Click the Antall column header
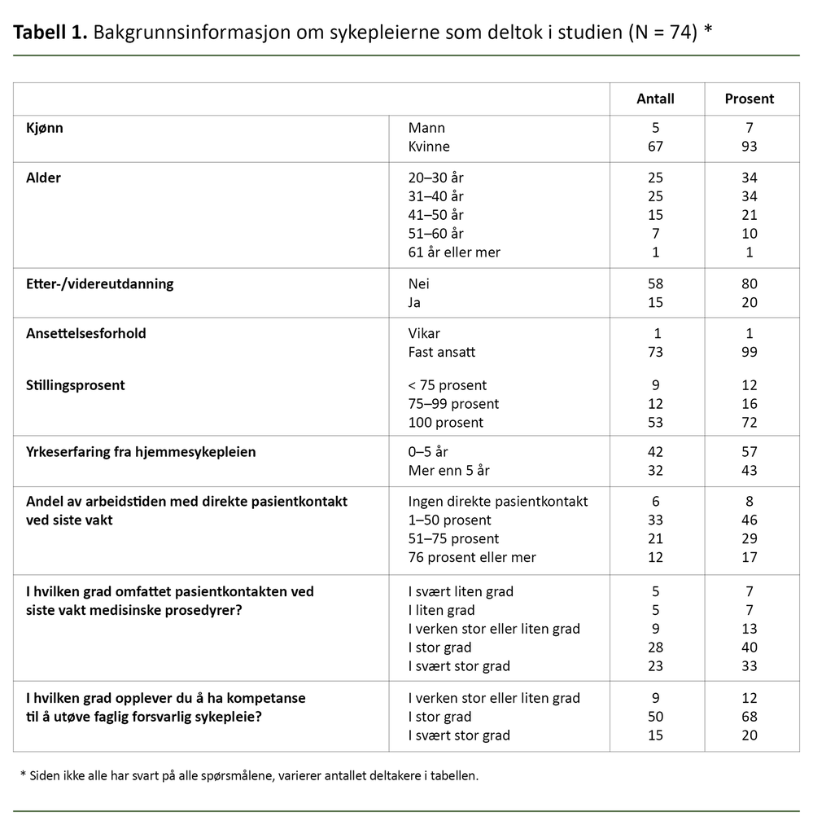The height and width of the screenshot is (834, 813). pos(655,99)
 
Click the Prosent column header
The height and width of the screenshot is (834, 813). pos(749,99)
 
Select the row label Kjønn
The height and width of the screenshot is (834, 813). pos(45,128)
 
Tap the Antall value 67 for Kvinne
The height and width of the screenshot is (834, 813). pos(655,147)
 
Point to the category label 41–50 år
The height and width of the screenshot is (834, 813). pos(435,215)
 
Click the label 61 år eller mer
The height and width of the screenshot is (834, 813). pos(454,252)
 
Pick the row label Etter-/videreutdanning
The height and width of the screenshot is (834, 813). pos(100,284)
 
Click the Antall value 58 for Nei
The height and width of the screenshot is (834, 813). pos(655,284)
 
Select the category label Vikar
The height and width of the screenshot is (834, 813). pos(424,334)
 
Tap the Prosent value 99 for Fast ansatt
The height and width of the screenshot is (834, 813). pos(749,353)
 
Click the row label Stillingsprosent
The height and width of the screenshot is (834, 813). pos(76,385)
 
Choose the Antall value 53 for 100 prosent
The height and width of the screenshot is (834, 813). pos(655,423)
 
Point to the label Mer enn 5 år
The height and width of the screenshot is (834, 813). pos(449,471)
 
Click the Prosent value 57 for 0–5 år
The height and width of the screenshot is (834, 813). pos(749,452)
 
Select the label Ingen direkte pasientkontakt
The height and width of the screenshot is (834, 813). pos(498,502)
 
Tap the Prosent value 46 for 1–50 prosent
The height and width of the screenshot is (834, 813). pos(749,520)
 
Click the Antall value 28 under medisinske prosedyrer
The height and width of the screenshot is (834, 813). pos(655,647)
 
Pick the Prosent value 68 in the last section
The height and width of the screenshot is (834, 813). pos(749,717)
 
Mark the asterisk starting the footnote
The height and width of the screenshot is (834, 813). pos(23,775)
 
